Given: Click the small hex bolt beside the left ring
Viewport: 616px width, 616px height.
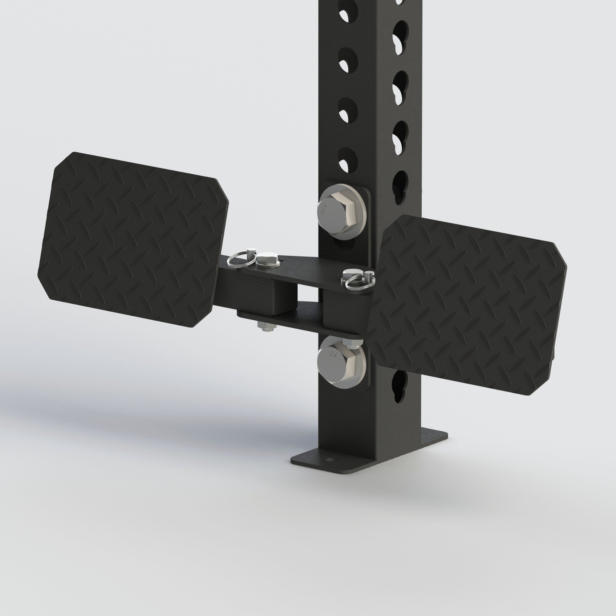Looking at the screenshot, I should [x=266, y=259].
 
